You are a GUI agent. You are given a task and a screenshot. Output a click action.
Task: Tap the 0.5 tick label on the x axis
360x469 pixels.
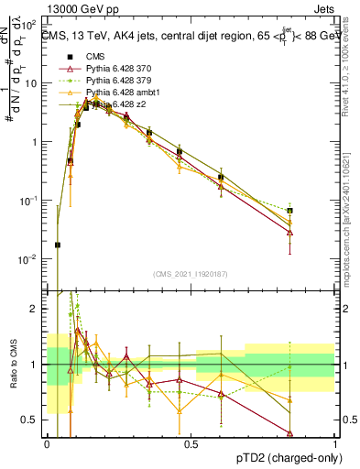(x=191, y=443)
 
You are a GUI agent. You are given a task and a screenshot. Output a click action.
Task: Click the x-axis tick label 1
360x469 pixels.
(x=334, y=443)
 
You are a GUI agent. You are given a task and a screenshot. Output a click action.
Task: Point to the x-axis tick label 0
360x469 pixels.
(x=47, y=443)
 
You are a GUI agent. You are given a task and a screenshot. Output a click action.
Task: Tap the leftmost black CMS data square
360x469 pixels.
(x=58, y=245)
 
